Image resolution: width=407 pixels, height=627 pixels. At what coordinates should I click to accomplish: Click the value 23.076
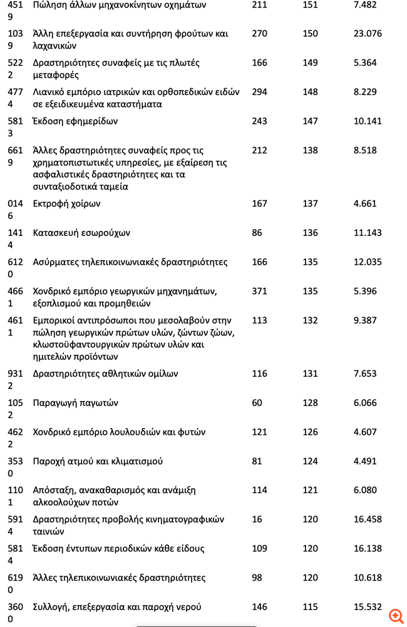coord(368,33)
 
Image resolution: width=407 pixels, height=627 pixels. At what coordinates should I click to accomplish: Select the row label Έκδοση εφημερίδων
coord(75,121)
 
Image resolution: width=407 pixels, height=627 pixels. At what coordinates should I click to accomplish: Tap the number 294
coord(259,92)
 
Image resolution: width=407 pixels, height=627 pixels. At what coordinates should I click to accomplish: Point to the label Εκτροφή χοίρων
coord(66,203)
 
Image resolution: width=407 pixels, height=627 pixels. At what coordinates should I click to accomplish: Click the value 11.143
coord(368,233)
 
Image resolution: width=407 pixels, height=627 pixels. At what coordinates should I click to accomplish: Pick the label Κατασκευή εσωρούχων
coord(81,233)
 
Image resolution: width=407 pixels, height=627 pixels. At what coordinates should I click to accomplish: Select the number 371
coord(259,291)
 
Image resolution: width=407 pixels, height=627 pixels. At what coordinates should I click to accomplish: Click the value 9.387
coord(365,320)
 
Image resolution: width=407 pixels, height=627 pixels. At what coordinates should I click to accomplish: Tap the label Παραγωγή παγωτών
coord(75,402)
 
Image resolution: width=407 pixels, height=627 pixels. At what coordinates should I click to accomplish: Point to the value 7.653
coord(365,374)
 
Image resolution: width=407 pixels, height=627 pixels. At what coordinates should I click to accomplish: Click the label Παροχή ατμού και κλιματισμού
coord(98,461)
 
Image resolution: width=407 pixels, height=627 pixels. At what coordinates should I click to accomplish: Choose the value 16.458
coord(368,519)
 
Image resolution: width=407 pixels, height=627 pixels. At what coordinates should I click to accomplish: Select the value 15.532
coord(368,607)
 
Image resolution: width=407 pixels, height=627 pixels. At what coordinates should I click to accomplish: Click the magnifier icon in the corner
coord(396,616)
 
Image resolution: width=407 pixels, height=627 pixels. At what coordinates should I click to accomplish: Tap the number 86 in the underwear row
coord(257,233)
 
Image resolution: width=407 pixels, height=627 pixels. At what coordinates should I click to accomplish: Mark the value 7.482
coord(365,4)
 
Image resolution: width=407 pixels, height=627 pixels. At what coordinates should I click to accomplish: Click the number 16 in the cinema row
coord(257,519)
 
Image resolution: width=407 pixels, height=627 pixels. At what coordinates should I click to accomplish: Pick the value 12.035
coord(368,262)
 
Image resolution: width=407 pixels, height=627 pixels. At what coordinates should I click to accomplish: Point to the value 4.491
coord(365,461)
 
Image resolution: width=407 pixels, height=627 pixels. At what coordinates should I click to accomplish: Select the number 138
coord(310,150)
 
